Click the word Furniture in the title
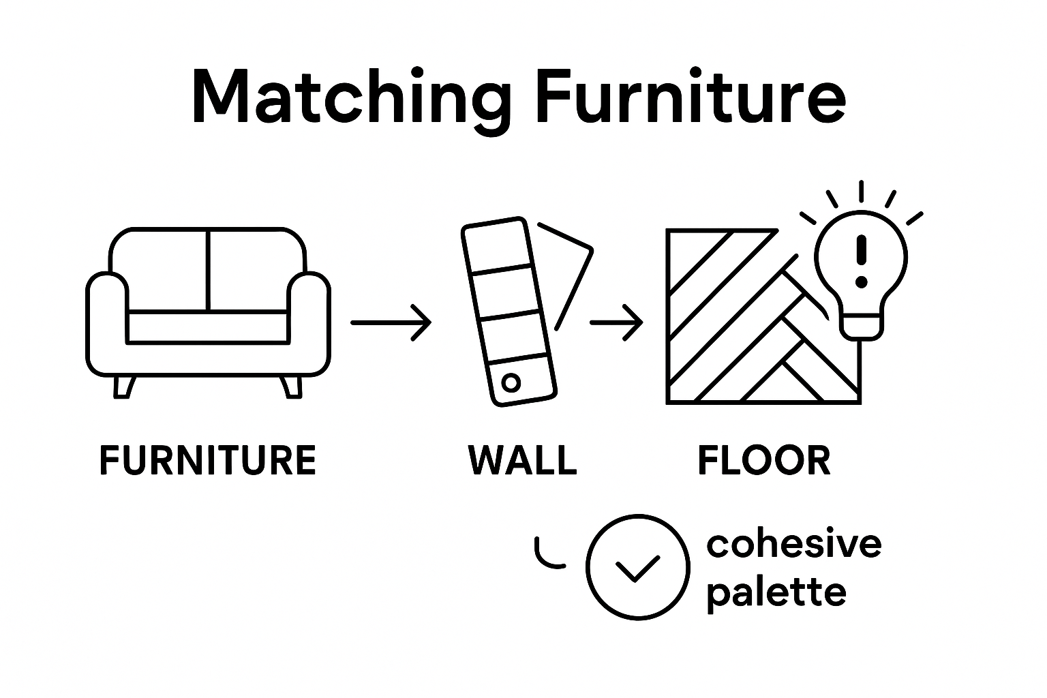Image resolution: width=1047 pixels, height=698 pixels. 690,97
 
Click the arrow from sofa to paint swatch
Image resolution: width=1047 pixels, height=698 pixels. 391,322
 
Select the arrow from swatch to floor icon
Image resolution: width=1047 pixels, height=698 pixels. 616,322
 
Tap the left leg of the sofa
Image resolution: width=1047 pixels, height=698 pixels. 123,386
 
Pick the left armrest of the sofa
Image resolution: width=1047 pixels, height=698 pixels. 106,320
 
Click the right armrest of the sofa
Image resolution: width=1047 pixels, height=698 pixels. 311,320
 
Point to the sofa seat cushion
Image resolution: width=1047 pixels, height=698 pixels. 208,327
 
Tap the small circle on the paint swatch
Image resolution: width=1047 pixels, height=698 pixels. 511,383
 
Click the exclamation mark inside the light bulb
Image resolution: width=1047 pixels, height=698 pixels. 862,260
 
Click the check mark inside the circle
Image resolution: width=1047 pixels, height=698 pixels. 637,568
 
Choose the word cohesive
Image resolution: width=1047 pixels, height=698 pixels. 794,544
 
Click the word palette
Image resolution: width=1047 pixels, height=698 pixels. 776,592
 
